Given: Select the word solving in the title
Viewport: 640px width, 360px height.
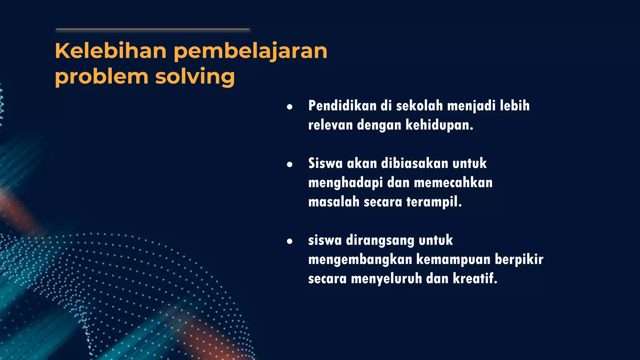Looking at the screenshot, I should point(195,77).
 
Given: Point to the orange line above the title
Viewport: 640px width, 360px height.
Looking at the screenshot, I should point(152,29).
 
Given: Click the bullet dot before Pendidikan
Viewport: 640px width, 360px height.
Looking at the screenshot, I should point(290,107).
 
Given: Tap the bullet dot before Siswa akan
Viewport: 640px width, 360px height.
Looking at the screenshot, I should point(290,164).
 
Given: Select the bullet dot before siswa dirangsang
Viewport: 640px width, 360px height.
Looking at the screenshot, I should point(290,241).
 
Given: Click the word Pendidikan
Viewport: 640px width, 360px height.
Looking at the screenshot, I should point(342,106).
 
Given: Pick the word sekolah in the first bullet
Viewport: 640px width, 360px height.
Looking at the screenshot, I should point(419,106).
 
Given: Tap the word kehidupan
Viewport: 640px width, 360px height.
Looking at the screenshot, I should point(439,125).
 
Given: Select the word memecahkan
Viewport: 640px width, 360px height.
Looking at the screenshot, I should point(453,182).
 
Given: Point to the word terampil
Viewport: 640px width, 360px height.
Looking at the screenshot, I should point(434,202).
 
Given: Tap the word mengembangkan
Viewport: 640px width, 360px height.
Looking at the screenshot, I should point(360,260).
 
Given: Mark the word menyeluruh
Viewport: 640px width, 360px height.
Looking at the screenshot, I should point(386,279).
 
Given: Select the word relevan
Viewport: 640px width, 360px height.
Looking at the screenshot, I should point(330,125).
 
